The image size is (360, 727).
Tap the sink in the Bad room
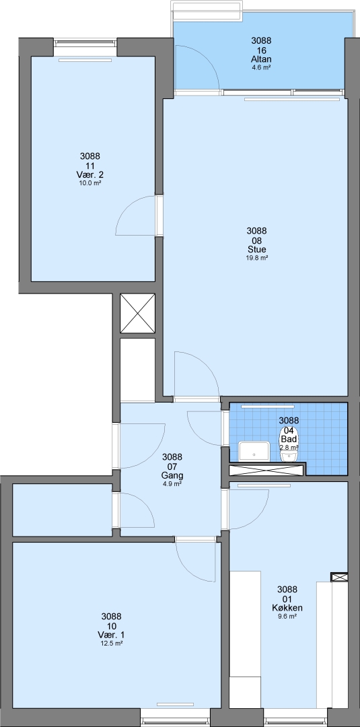click(254, 452)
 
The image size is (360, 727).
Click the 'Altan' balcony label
click(260, 59)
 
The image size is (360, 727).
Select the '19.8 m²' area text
click(257, 258)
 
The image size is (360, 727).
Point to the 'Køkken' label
click(287, 608)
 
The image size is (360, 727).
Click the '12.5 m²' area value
click(112, 644)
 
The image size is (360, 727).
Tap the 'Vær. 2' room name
click(90, 175)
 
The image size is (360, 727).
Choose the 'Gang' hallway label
click(172, 475)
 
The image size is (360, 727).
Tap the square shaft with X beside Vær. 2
click(137, 314)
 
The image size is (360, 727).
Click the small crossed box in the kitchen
click(339, 578)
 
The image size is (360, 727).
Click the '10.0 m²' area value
click(90, 183)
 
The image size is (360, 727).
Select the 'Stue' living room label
click(257, 250)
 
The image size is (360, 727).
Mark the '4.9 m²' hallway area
click(172, 483)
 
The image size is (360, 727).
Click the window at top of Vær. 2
click(85, 42)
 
